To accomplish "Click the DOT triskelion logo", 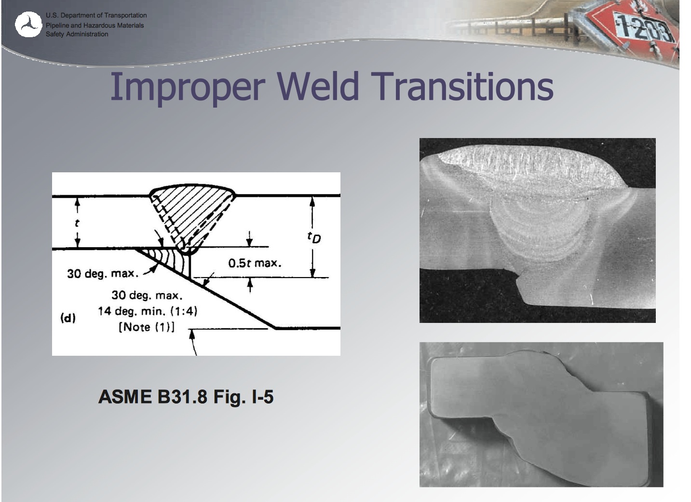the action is [28, 25].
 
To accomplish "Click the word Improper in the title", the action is [187, 87].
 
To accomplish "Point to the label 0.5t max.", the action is [255, 263].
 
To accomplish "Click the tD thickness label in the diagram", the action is [314, 237].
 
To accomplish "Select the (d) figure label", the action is [68, 318].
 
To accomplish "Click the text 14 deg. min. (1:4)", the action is [148, 311].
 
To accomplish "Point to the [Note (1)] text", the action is [147, 327].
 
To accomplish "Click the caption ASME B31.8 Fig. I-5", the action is [186, 397].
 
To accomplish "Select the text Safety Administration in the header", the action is [77, 34].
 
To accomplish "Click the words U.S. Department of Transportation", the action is [96, 15].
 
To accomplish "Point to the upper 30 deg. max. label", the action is [103, 274].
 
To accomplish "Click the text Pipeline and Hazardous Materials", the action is [95, 25].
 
